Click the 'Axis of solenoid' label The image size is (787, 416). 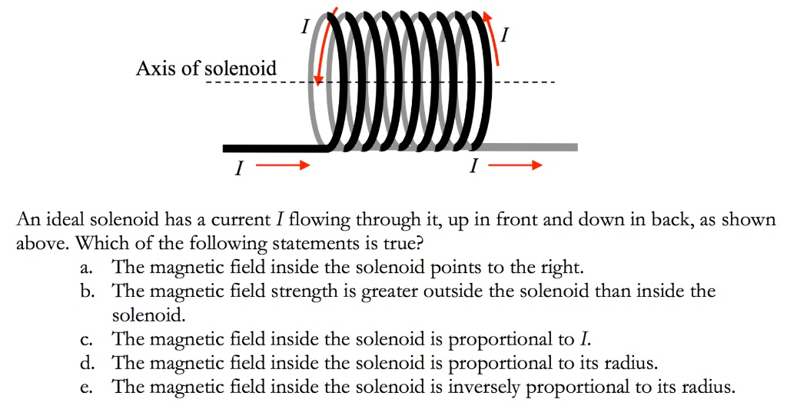click(205, 68)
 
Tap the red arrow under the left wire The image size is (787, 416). click(283, 165)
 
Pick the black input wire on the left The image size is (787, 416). click(273, 148)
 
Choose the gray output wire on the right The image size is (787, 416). click(530, 147)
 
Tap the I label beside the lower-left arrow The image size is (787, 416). click(238, 170)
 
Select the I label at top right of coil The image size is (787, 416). click(503, 35)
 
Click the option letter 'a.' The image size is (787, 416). click(93, 268)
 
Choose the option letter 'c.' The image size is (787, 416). click(93, 338)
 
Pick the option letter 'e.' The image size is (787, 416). click(93, 386)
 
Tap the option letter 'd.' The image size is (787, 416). click(93, 362)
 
